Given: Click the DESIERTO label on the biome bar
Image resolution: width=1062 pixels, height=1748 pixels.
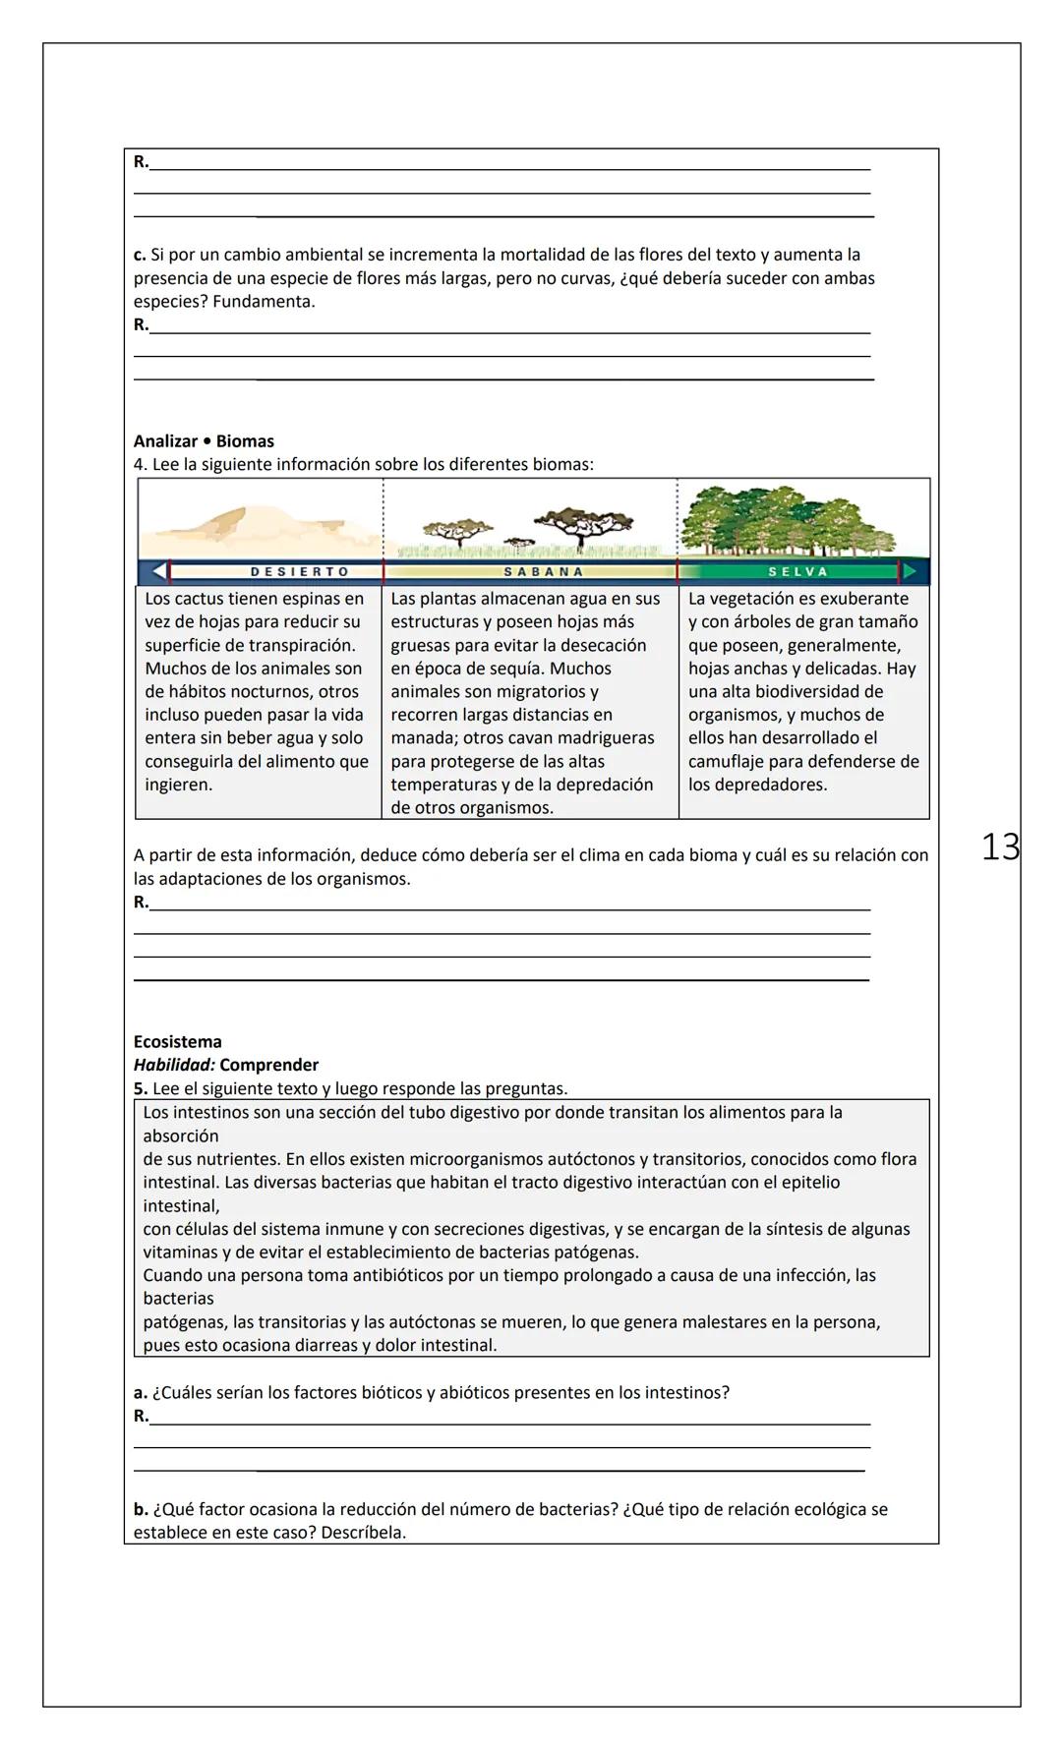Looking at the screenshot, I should [299, 571].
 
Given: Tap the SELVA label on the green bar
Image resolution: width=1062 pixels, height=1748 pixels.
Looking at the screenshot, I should [797, 571].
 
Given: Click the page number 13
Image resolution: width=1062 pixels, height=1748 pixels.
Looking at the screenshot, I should [1000, 846].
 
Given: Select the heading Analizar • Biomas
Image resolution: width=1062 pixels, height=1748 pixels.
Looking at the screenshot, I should [204, 441].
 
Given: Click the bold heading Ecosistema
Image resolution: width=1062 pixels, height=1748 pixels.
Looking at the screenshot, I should [177, 1041].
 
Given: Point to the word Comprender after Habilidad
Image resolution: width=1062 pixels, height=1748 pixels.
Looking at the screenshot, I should [269, 1065].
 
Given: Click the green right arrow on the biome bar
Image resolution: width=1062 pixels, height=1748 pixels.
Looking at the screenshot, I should [911, 571].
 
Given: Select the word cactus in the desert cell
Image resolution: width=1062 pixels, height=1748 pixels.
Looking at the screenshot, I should [197, 599].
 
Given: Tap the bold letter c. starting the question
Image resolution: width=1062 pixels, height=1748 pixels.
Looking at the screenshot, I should [140, 255].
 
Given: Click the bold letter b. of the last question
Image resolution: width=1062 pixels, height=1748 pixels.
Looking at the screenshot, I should [141, 1509].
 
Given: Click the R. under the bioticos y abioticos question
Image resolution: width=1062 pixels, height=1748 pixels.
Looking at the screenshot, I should [141, 1416].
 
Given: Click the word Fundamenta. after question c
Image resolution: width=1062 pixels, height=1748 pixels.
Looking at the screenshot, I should [264, 302].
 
